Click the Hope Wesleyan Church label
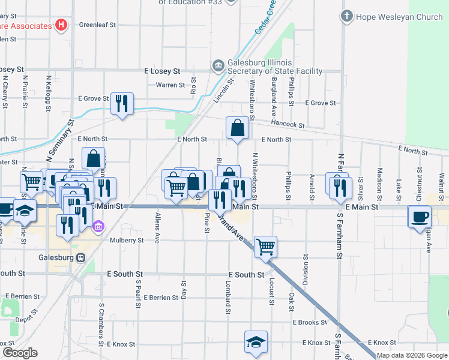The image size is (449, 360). coord(399,17)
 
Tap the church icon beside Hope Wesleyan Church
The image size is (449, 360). coord(347,16)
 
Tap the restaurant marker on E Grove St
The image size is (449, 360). coord(122,104)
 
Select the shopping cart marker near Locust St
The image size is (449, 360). coord(265,246)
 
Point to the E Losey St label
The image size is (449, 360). coord(162,71)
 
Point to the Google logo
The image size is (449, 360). coord(20,353)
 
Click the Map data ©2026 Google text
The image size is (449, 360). coord(412,355)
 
